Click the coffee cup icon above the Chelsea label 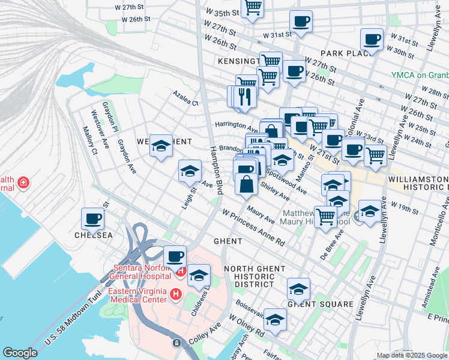tap(93, 218)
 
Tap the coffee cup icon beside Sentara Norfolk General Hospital tap(175, 256)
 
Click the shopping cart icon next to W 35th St tap(253, 7)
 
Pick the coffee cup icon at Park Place tap(372, 40)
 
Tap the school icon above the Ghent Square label tap(298, 289)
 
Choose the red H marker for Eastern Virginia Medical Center tap(175, 294)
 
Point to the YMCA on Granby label tap(420, 75)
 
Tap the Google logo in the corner tap(20, 353)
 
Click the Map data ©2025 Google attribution tap(412, 355)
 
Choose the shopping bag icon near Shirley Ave tap(246, 184)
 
